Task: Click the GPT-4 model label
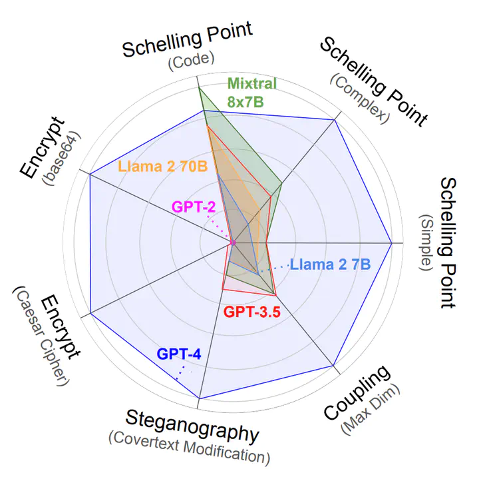179,354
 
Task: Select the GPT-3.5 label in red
251,312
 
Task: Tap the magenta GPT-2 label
194,207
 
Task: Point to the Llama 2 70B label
163,167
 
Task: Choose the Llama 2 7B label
330,264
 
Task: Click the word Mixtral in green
251,83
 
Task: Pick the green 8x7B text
245,102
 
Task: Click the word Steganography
192,426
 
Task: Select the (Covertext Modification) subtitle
190,448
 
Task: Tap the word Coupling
357,393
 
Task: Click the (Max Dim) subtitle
371,408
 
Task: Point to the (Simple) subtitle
426,242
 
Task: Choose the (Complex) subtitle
359,99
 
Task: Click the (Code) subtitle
191,61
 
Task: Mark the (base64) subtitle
62,159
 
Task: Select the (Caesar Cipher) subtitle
41,336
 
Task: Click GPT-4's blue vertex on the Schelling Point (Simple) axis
392,243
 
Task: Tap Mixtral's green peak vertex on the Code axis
199,87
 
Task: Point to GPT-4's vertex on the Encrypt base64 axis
90,175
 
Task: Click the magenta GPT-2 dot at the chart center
233,243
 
